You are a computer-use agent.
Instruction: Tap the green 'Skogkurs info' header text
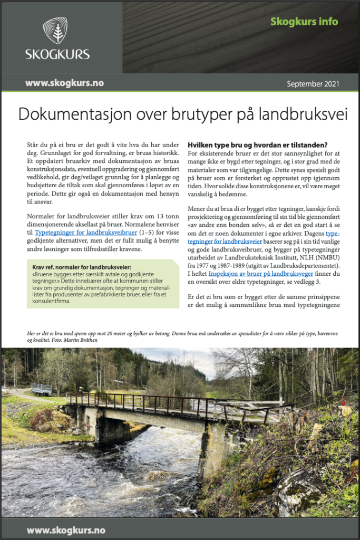tap(304, 22)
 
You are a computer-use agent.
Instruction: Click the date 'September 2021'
tap(313, 83)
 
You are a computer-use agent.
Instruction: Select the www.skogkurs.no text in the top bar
tap(64, 83)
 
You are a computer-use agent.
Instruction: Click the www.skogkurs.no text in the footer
tap(66, 530)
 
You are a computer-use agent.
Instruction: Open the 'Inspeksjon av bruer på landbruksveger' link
tap(261, 274)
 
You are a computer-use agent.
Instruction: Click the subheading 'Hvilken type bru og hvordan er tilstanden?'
tap(258, 145)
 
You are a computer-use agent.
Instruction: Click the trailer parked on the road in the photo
tap(42, 390)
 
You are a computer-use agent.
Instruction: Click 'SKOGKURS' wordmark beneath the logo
tap(57, 54)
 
